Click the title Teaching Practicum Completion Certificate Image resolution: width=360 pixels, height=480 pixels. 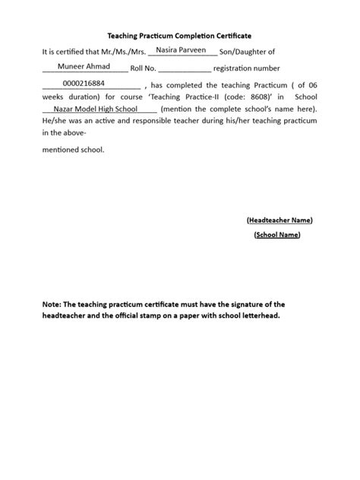point(179,36)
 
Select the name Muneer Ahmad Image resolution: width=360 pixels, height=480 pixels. point(84,67)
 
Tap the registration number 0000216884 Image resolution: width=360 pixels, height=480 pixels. point(84,84)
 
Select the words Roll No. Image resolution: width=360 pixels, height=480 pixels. point(144,69)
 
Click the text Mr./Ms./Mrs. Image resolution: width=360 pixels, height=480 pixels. point(123,52)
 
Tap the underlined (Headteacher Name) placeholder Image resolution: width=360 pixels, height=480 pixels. point(279,219)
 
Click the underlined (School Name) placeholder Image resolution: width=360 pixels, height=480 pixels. point(277,235)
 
